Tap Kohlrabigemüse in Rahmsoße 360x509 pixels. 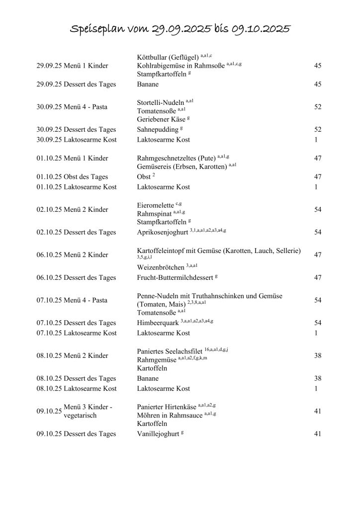coord(180,66)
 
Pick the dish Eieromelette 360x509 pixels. coord(155,205)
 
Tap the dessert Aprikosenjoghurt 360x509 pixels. coord(163,232)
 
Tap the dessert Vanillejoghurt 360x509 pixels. coord(158,434)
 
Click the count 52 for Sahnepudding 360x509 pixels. coord(318,130)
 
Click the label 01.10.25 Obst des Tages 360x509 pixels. coord(72,176)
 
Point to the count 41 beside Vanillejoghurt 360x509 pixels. coord(318,434)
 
